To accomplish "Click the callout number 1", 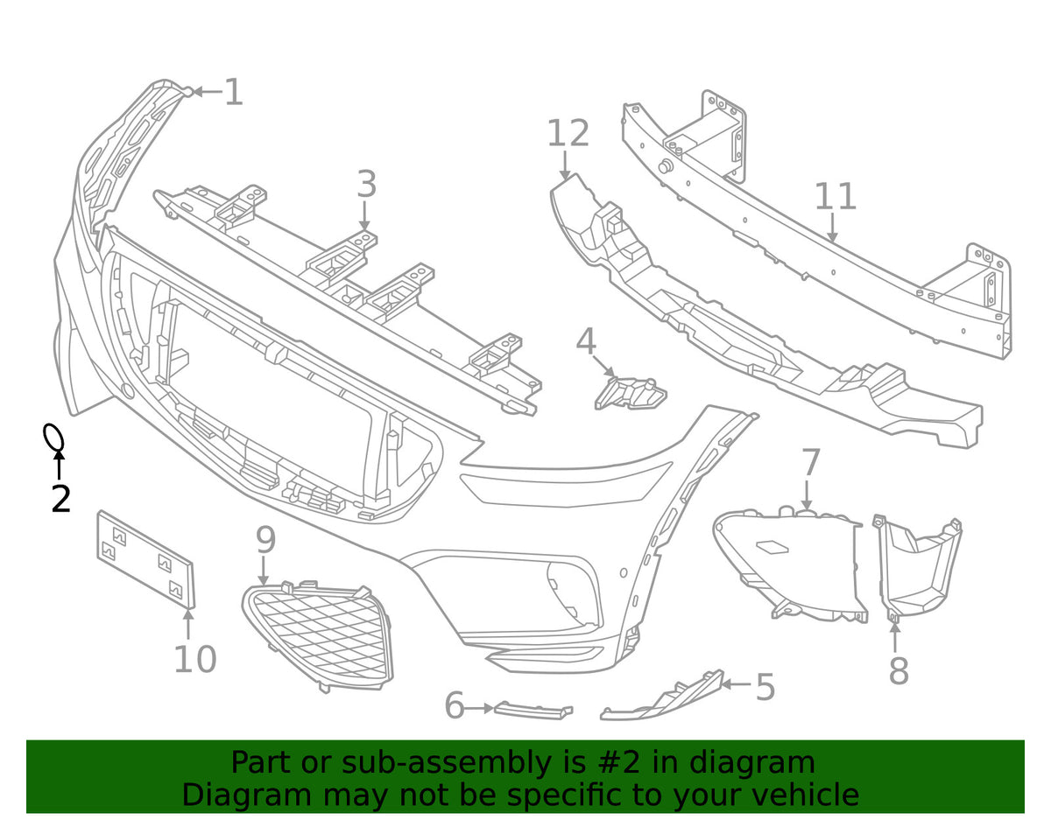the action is click(x=234, y=92).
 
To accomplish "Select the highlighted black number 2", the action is click(x=61, y=499).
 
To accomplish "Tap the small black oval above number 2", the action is click(x=53, y=438).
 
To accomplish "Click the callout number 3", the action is click(x=367, y=184).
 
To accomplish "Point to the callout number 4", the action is click(x=586, y=341).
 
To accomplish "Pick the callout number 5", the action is click(x=765, y=687).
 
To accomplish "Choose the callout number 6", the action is click(x=455, y=705).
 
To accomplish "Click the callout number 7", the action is click(x=811, y=461).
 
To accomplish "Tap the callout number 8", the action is click(x=899, y=670).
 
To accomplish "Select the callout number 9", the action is click(x=266, y=540).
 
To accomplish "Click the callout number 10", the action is click(x=195, y=659).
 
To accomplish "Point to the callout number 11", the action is click(x=836, y=196).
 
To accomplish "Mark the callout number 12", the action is click(x=568, y=133).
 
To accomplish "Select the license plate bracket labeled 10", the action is click(x=146, y=558).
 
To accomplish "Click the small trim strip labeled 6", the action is click(x=533, y=711).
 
